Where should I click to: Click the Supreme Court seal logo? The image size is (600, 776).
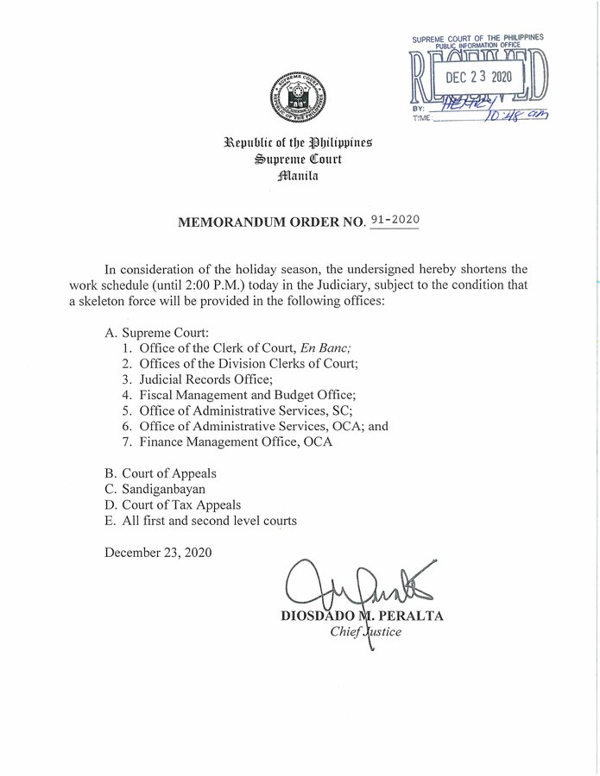pyautogui.click(x=299, y=95)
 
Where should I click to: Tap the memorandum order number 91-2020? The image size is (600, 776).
pyautogui.click(x=394, y=220)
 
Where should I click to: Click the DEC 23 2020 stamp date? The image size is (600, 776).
pyautogui.click(x=478, y=76)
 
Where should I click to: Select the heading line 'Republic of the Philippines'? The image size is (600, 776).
pyautogui.click(x=298, y=142)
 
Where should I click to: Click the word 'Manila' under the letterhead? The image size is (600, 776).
pyautogui.click(x=298, y=176)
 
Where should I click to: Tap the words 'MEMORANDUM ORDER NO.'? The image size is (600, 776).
pyautogui.click(x=270, y=222)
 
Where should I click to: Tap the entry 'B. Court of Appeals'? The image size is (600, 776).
pyautogui.click(x=161, y=473)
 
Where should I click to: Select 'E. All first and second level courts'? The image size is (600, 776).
pyautogui.click(x=200, y=520)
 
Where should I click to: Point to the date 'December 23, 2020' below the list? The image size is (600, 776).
pyautogui.click(x=158, y=552)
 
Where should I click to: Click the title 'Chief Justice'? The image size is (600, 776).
pyautogui.click(x=366, y=631)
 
